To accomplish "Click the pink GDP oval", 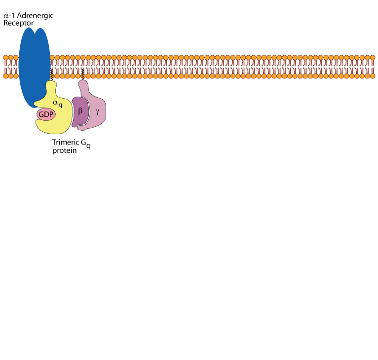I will coord(46,114).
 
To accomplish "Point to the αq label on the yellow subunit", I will coord(58,103).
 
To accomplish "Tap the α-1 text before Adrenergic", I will coord(10,16).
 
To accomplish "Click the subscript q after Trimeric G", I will coord(89,146).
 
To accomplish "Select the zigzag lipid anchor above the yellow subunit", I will coord(52,75).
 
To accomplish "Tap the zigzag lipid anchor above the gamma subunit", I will coord(82,74).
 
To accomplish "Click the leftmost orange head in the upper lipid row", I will coord(6,58).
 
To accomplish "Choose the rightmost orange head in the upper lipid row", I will coord(372,58).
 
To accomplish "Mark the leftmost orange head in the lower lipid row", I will coord(6,76).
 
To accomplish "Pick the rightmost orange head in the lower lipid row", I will coord(372,76).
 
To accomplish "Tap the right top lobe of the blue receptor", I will coord(41,37).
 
